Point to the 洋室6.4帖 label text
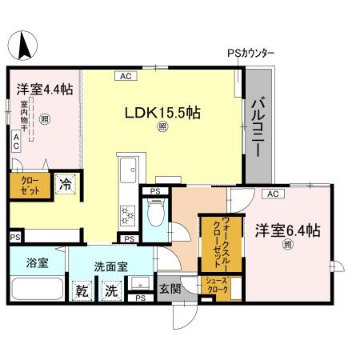(x=288, y=230)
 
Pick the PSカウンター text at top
(x=250, y=54)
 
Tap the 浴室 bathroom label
(x=36, y=262)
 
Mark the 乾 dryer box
(x=82, y=291)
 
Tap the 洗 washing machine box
(x=110, y=291)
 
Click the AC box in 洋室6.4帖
(x=271, y=194)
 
